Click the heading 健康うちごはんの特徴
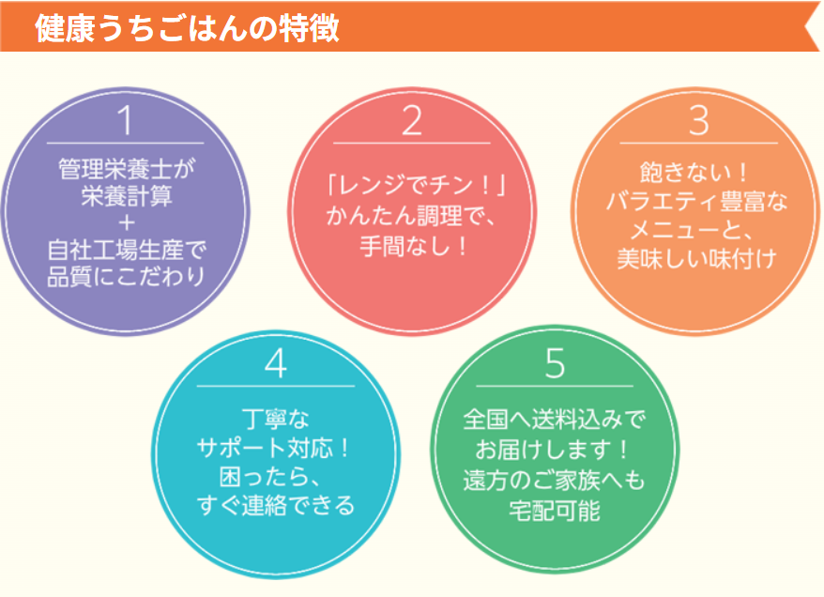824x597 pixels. pos(187,27)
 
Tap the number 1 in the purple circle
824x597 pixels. pos(125,120)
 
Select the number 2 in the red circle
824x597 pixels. pos(411,120)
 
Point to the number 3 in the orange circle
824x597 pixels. pos(698,120)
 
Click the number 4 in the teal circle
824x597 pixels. pos(276,363)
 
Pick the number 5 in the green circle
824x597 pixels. pos(555,363)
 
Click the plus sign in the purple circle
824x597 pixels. pos(126,223)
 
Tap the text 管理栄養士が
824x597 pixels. pos(126,169)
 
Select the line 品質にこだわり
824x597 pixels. pos(126,276)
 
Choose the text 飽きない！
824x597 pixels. pos(694,172)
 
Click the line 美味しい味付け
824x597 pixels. pos(696,258)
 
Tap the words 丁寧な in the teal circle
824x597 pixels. pos(276,419)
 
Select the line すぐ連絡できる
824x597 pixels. pos(276,506)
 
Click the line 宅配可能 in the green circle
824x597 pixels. pos(555,511)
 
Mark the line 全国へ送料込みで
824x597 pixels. pos(555,420)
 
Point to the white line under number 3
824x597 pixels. pos(698,143)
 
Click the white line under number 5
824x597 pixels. pos(555,386)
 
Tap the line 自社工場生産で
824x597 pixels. pos(126,250)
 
